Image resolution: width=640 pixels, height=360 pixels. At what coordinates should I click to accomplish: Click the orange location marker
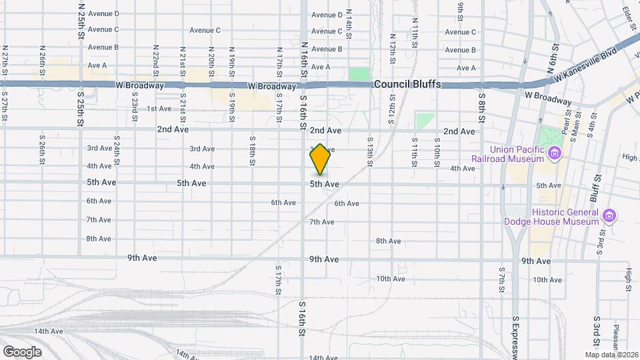point(320,159)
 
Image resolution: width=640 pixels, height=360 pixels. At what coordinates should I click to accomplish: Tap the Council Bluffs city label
point(407,85)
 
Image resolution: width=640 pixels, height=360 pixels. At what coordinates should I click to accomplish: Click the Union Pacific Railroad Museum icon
point(553,155)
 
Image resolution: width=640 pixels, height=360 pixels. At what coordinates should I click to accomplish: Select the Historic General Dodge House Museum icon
point(608,216)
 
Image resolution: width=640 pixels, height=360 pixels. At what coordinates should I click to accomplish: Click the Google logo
point(22,351)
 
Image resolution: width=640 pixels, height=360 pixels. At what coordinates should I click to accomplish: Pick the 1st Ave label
point(159,109)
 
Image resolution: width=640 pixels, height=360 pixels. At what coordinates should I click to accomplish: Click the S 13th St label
point(369,149)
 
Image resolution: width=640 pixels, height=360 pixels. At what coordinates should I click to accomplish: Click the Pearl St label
point(567,123)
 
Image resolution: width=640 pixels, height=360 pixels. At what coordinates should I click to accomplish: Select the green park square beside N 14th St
point(359,74)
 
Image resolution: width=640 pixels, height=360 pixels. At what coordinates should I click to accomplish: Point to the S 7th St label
point(502,279)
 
